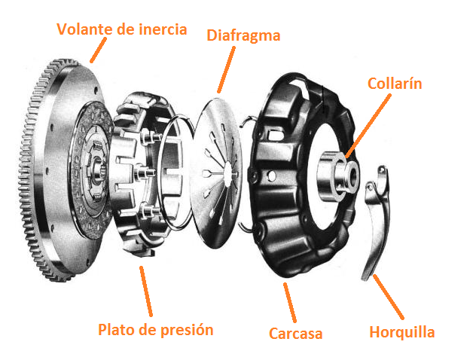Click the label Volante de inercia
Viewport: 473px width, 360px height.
(122, 29)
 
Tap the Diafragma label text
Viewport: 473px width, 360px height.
(243, 35)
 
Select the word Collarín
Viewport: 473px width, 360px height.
(395, 84)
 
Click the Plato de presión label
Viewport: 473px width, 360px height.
(156, 330)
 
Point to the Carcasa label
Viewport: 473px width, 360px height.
(295, 334)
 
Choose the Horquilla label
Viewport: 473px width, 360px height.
(402, 332)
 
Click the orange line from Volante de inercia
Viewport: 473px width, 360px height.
(99, 50)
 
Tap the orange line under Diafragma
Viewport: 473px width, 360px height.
(226, 70)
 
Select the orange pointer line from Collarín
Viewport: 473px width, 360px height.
(368, 126)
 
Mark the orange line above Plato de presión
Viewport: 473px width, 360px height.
(146, 291)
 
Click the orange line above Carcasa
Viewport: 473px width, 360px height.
(290, 303)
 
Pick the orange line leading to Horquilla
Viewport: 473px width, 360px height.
(389, 297)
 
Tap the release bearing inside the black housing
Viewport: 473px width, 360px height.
(338, 175)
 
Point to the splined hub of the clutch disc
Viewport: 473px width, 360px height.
(99, 172)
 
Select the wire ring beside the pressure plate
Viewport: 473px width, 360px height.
(175, 172)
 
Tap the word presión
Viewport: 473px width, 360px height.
(187, 330)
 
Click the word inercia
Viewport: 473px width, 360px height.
(163, 29)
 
